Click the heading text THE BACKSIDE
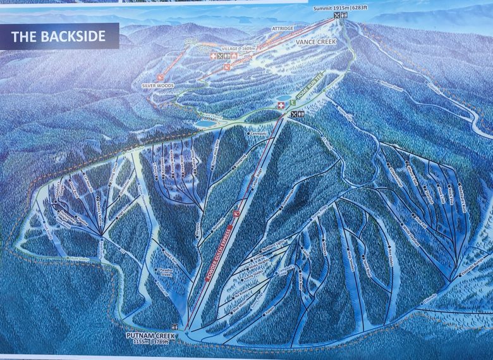pos(58,36)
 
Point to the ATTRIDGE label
pos(283,28)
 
